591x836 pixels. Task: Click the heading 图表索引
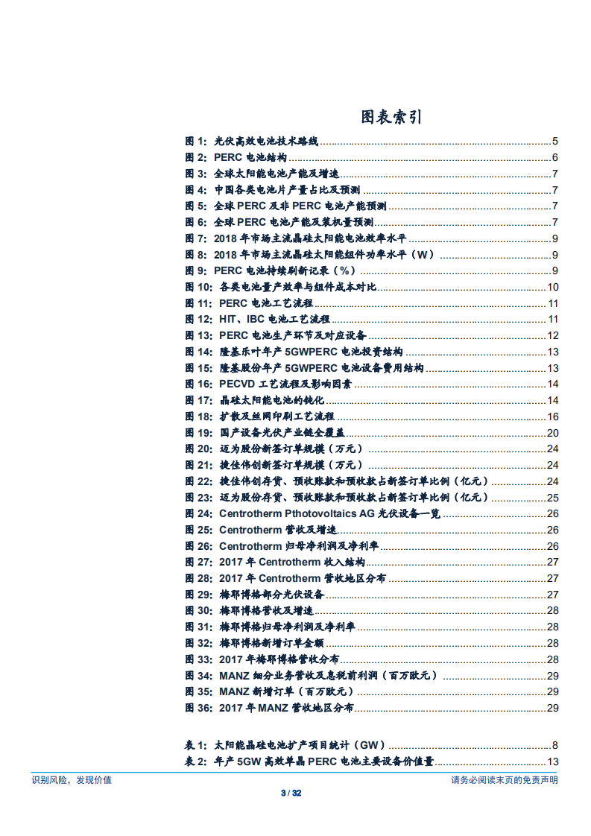(x=391, y=117)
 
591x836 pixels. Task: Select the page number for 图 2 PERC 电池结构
(x=555, y=157)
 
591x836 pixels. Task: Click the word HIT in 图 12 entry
(x=228, y=320)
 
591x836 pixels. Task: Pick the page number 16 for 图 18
(x=553, y=417)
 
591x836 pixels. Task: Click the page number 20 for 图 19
(x=553, y=433)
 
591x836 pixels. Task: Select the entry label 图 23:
(x=199, y=498)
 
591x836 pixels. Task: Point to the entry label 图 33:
(x=199, y=659)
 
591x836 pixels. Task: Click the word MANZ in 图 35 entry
(x=234, y=691)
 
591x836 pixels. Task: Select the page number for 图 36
(x=553, y=708)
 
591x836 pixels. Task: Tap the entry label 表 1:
(x=196, y=745)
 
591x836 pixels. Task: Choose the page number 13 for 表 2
(x=553, y=761)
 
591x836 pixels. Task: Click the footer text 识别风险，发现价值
(x=72, y=780)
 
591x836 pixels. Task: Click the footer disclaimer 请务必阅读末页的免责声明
(x=504, y=780)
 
